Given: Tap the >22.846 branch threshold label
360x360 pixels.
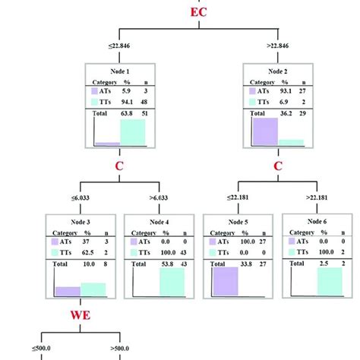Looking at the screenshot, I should [x=261, y=46].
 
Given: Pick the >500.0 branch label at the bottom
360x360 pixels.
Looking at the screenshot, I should [x=114, y=349].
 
